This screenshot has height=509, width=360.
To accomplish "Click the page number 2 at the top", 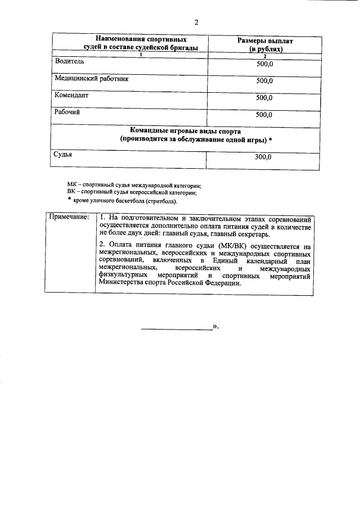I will pos(196,22).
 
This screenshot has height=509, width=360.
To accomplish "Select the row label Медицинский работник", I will pos(91,79).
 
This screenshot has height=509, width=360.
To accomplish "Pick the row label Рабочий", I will pos(67,112).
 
